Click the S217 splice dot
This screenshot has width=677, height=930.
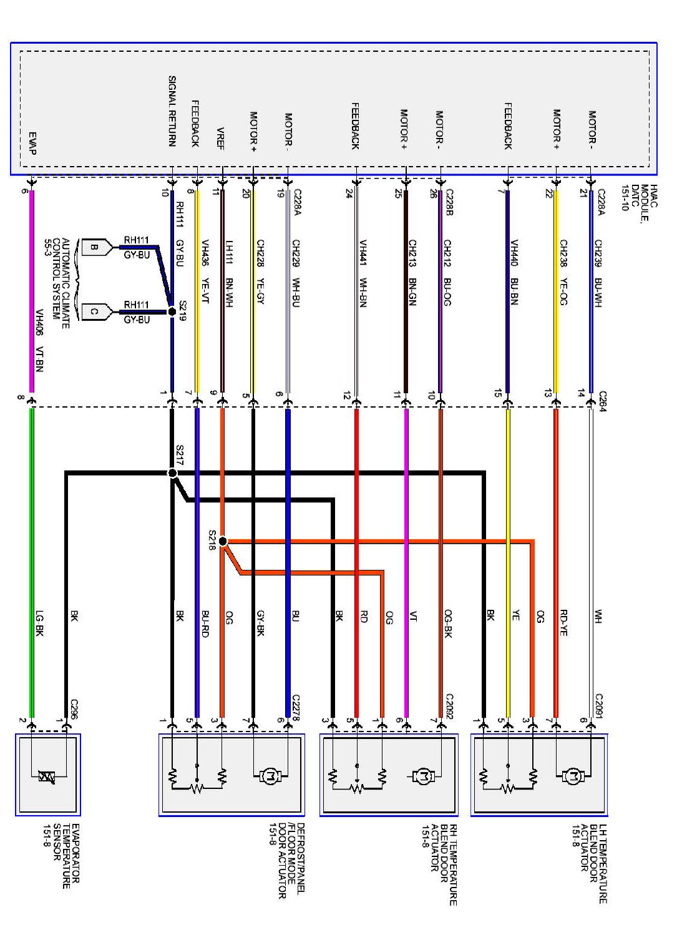click(172, 473)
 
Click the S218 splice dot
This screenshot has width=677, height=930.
click(223, 541)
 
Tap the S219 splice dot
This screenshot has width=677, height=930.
click(172, 311)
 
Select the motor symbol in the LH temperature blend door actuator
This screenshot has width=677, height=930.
click(573, 776)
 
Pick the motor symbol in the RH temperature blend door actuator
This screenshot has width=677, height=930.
click(424, 776)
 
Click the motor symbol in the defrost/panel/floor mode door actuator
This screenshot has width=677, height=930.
click(271, 776)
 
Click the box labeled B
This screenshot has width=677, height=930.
click(94, 247)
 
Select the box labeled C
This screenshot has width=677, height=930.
click(94, 311)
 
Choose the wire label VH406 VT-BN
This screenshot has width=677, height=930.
click(39, 341)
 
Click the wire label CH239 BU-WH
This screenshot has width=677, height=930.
click(598, 273)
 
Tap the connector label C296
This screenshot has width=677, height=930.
click(74, 709)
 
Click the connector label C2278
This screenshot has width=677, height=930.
click(296, 707)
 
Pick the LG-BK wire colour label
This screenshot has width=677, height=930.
click(39, 622)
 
